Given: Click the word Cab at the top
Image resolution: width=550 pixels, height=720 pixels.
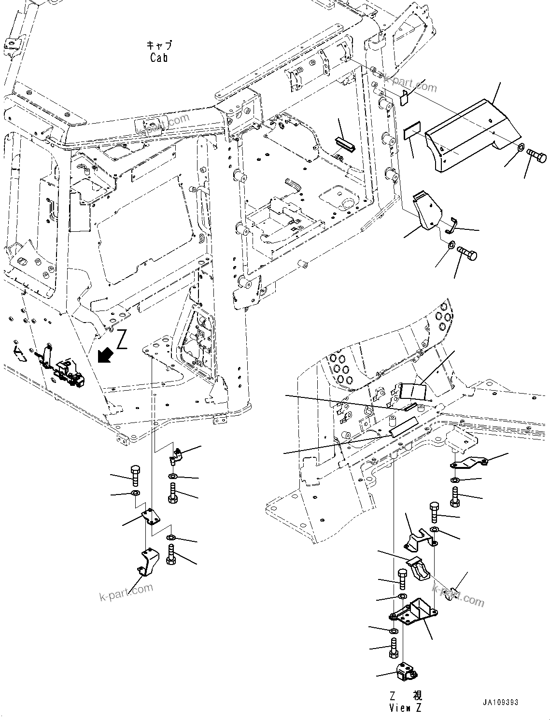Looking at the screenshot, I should (159, 58).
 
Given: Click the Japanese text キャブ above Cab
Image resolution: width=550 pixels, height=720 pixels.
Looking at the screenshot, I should (159, 46).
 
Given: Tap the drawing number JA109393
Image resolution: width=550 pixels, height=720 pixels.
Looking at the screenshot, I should (499, 702).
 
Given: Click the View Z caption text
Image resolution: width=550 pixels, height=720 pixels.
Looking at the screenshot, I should (405, 708).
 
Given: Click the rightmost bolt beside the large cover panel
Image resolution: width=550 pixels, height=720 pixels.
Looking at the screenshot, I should (537, 156).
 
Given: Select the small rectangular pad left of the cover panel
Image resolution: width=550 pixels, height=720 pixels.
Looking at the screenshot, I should (412, 131).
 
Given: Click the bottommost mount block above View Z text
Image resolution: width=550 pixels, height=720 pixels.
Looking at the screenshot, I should (405, 672).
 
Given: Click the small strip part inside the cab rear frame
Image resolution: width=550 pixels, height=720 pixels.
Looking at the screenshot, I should (345, 142).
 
